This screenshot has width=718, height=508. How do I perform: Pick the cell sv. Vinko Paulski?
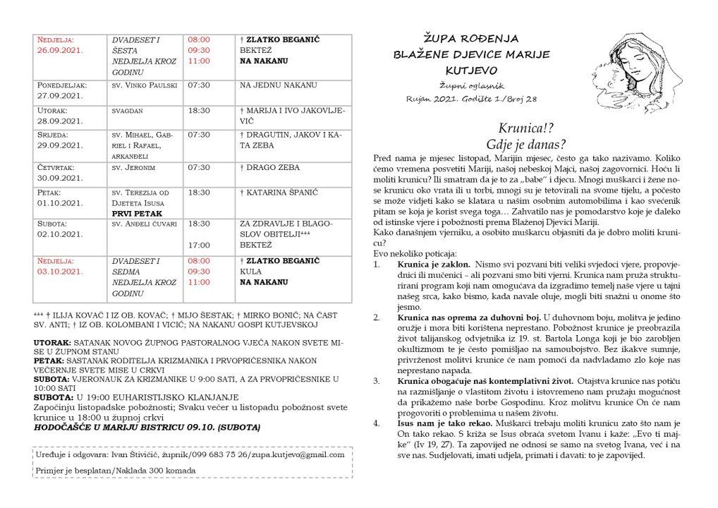tap(142, 85)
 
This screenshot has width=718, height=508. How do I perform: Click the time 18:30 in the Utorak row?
tap(199, 111)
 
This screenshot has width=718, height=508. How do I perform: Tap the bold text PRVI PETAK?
tap(137, 213)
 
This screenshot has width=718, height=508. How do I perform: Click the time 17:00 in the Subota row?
tap(199, 246)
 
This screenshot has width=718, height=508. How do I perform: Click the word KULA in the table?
tap(251, 271)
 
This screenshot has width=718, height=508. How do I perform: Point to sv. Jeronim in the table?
tap(133, 168)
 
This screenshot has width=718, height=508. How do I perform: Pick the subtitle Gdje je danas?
tap(522, 145)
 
